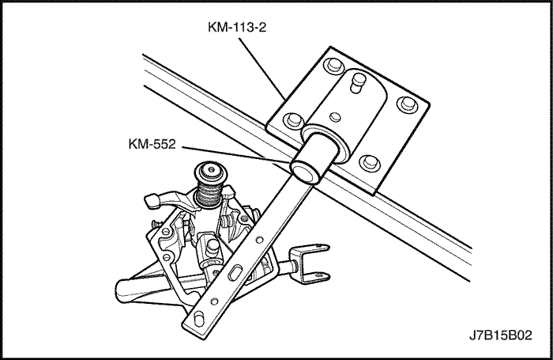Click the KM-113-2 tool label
pyautogui.click(x=237, y=27)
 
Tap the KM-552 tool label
pyautogui.click(x=152, y=144)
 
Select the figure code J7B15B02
pyautogui.click(x=500, y=335)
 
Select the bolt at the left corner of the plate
pyautogui.click(x=294, y=119)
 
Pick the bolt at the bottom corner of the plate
pyautogui.click(x=369, y=162)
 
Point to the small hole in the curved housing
pyautogui.click(x=336, y=116)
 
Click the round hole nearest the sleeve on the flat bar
pyautogui.click(x=259, y=241)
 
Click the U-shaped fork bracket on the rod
pyautogui.click(x=310, y=263)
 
